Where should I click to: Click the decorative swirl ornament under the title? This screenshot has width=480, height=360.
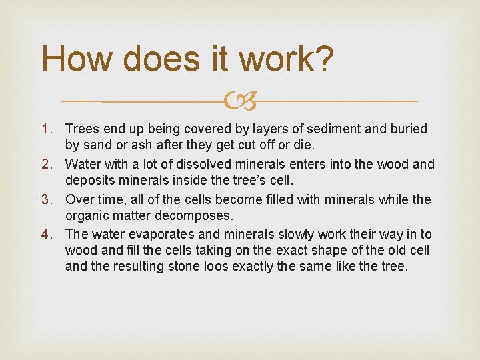point(239,101)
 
